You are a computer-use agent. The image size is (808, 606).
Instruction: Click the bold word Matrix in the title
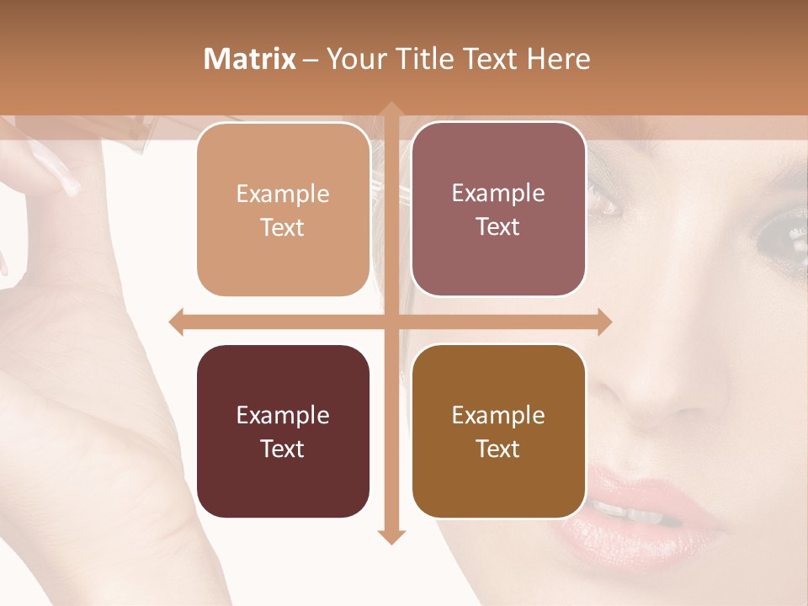pyautogui.click(x=250, y=59)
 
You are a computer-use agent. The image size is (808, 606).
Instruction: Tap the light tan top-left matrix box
pyautogui.click(x=284, y=210)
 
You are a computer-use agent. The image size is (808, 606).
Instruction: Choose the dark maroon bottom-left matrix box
pyautogui.click(x=283, y=431)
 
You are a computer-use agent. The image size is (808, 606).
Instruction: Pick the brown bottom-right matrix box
pyautogui.click(x=498, y=431)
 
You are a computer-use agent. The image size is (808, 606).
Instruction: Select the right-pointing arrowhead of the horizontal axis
pyautogui.click(x=604, y=322)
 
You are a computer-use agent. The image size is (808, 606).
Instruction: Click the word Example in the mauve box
pyautogui.click(x=498, y=193)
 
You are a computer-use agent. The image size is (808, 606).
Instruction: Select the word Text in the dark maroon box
pyautogui.click(x=283, y=449)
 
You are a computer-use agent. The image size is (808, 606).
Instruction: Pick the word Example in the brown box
pyautogui.click(x=498, y=415)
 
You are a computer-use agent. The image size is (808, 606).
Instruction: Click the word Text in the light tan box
pyautogui.click(x=283, y=227)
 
